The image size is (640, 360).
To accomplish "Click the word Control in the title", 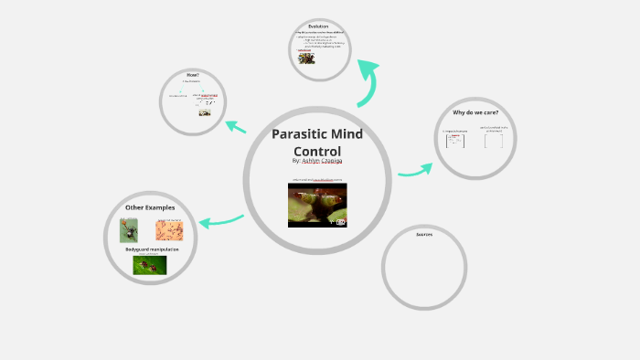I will click(317, 152).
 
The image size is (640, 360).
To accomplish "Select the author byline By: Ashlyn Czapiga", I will click(317, 161).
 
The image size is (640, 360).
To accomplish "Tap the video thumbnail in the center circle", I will click(317, 205).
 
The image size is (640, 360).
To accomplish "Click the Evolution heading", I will click(318, 26).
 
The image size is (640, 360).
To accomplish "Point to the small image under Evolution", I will click(307, 58).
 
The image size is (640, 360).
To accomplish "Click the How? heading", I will click(192, 74).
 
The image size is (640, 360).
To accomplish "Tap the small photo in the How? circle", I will click(205, 112).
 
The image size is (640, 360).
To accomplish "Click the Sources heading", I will click(424, 234).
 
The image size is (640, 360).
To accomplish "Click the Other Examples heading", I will click(150, 207).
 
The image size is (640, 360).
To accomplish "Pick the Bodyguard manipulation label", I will click(152, 249).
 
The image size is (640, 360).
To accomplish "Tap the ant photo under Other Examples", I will click(129, 229).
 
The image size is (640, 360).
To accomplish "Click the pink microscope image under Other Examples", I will click(169, 229).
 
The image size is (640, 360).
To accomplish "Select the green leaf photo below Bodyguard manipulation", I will click(150, 265).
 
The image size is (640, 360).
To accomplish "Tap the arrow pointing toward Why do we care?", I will click(416, 170).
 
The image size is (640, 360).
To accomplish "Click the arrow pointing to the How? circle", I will click(236, 127).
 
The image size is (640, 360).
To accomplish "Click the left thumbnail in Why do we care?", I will click(454, 141).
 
